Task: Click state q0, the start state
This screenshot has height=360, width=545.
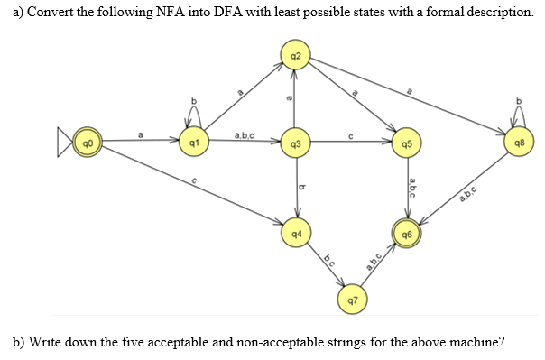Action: [87, 144]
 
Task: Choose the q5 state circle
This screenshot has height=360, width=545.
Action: [409, 144]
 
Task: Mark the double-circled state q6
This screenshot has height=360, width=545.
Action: [409, 235]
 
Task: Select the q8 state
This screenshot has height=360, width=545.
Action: [517, 144]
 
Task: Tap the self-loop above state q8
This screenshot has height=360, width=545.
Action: [517, 113]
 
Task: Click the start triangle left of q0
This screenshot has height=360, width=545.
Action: [67, 144]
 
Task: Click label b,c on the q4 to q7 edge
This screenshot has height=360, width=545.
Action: [331, 259]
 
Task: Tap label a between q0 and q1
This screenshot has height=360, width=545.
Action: [140, 136]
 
